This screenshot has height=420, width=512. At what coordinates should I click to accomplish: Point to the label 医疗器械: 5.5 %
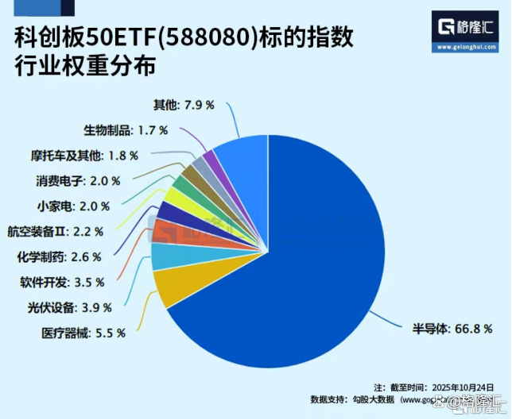83,333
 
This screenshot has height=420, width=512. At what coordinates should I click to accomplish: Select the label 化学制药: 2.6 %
59,256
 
